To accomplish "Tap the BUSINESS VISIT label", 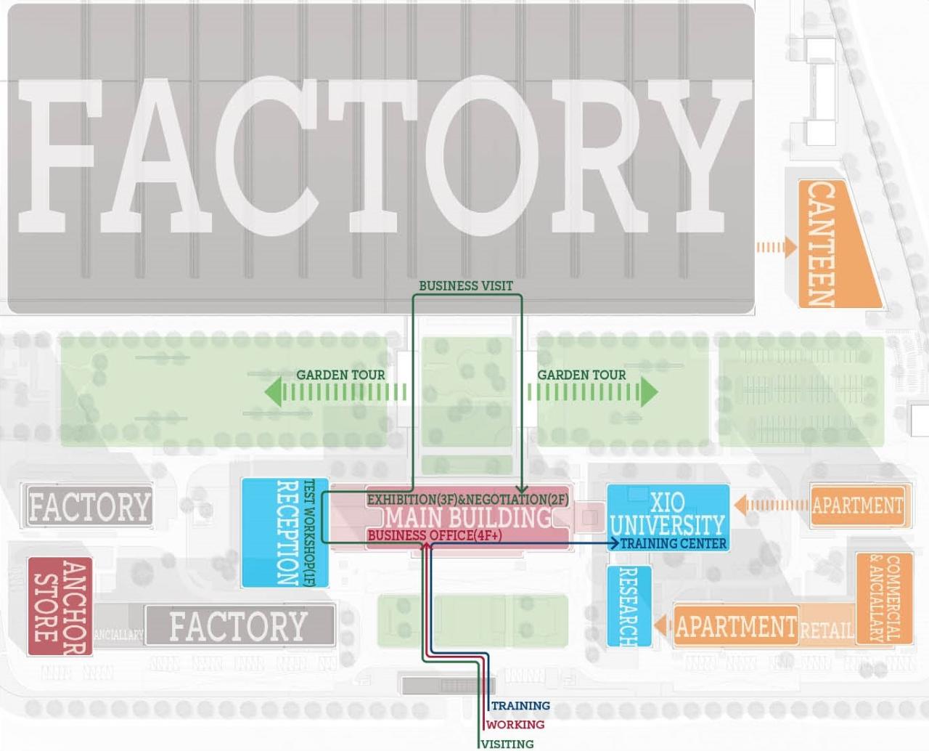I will [x=466, y=286].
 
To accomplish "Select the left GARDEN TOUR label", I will [x=340, y=375].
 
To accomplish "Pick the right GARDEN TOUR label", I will [x=581, y=375].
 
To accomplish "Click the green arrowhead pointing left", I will [x=273, y=392].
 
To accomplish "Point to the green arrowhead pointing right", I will [x=648, y=392].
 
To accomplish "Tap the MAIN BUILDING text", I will [x=468, y=518].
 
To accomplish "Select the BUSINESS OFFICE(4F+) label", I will [x=434, y=536].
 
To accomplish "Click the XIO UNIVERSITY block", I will [x=667, y=514].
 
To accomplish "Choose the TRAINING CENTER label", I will [x=673, y=543].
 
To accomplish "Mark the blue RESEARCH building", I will [x=629, y=606].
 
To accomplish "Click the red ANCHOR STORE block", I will [x=60, y=606].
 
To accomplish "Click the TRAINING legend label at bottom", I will [x=520, y=705].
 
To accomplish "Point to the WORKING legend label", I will [x=515, y=724].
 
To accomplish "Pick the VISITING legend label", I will [x=507, y=744].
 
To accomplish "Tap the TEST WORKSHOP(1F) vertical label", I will [x=308, y=532].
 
